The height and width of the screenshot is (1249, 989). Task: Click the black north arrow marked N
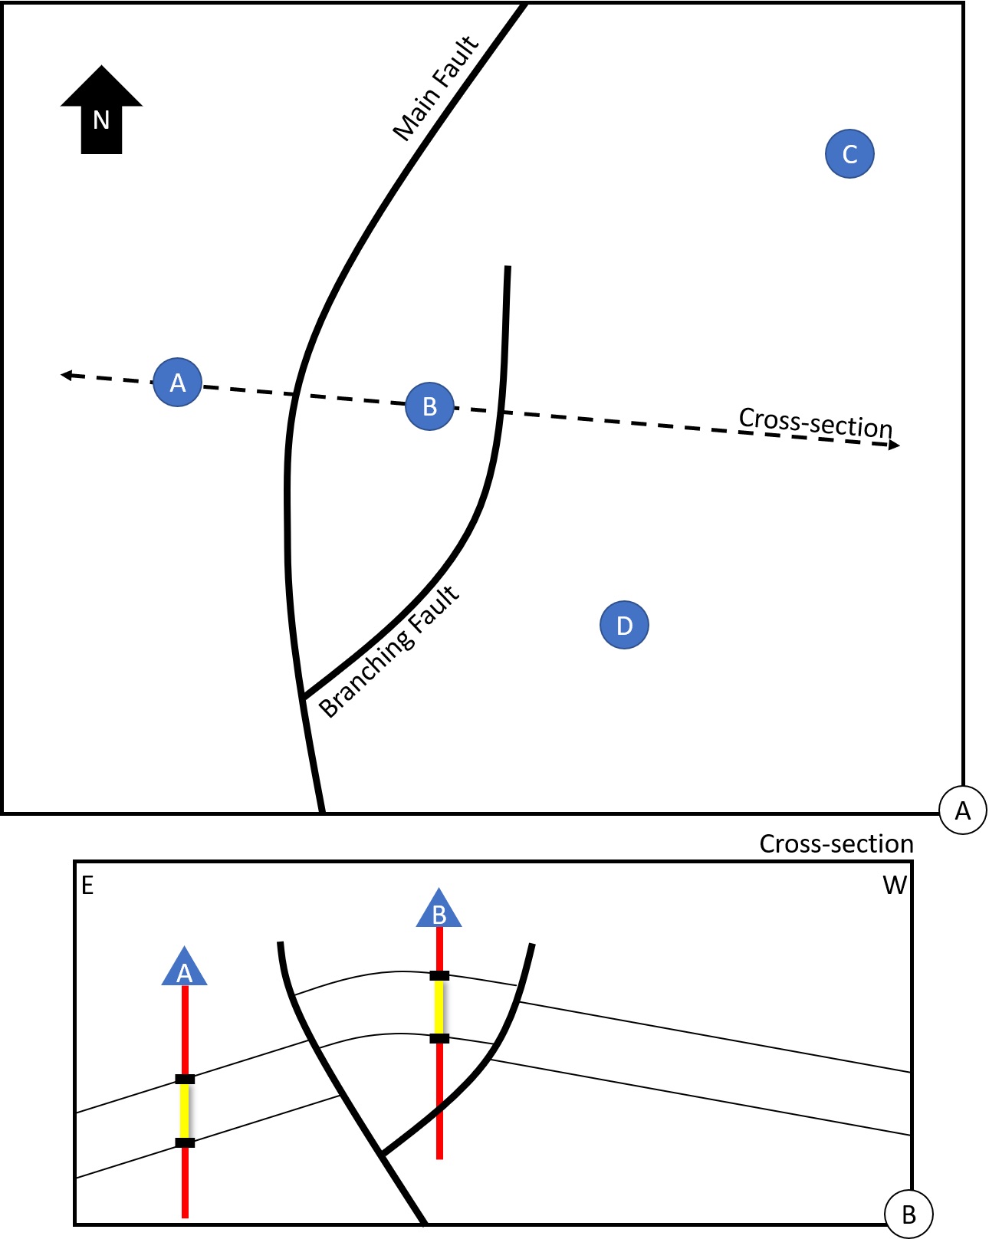pos(101,111)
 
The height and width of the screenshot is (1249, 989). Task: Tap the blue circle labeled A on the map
pos(177,382)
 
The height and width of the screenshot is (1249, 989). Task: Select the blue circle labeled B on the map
pos(429,406)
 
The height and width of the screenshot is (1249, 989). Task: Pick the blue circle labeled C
pos(849,154)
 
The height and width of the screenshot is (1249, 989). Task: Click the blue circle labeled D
pos(624,625)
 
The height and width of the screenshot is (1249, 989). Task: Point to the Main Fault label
pos(435,89)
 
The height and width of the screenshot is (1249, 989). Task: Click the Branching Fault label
pos(389,652)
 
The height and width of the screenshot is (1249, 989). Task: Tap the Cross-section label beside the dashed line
pos(816,422)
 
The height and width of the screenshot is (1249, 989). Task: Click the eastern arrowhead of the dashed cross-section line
pos(893,445)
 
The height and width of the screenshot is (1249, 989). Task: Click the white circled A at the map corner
pos(963,810)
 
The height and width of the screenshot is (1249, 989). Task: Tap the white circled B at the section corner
pos(909,1214)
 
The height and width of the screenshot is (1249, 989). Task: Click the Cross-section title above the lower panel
pos(836,843)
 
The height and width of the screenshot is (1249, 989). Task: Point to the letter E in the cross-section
pos(87,886)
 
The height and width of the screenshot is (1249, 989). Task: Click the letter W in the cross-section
pos(895,886)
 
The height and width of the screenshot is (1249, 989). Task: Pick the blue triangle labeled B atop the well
pos(439,911)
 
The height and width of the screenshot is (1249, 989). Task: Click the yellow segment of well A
pos(185,1110)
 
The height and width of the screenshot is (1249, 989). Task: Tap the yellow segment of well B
pos(439,1007)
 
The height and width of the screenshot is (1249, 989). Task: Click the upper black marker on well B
pos(439,975)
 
